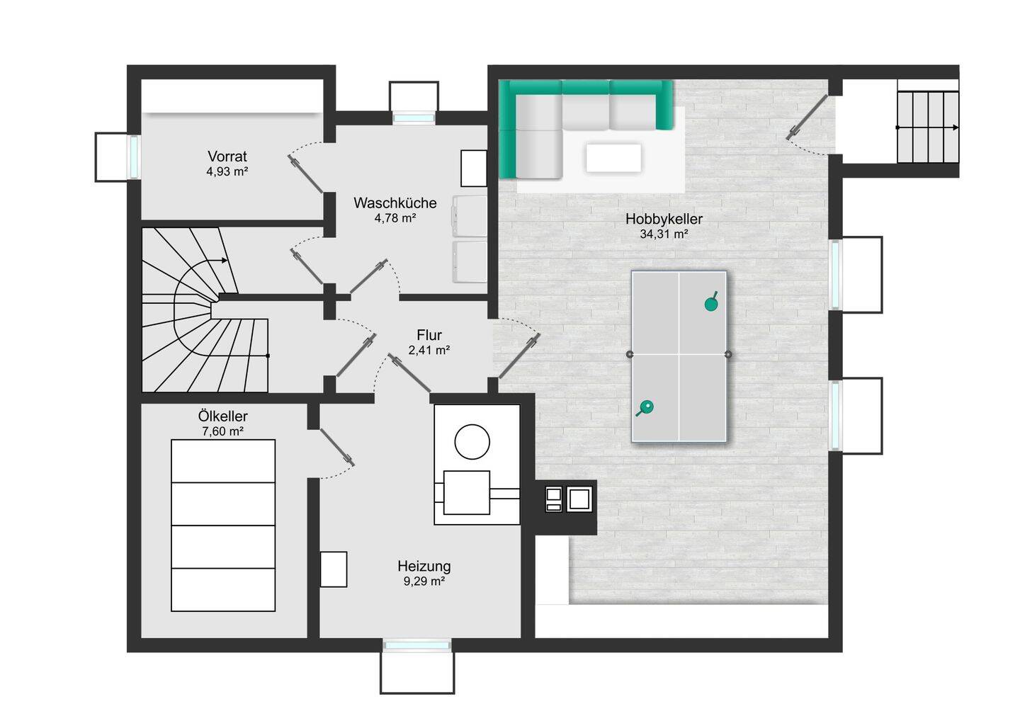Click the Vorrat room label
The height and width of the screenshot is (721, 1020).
227,156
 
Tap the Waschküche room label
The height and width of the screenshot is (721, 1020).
395,203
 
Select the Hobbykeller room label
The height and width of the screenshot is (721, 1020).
664,219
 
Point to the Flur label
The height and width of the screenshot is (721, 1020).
429,335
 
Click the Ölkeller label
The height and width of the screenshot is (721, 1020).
222,416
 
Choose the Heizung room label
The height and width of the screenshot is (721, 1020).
424,566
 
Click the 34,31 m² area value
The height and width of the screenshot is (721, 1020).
664,234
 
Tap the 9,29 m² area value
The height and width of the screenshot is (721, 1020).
424,581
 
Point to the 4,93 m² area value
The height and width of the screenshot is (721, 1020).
227,171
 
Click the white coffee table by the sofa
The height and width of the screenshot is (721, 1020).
613,158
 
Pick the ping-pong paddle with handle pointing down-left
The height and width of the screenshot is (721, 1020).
645,407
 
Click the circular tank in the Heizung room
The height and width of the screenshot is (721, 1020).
472,441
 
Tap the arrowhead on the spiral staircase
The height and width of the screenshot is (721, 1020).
225,261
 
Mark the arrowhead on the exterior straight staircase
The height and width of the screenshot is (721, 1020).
956,127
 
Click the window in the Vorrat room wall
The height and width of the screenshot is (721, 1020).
135,157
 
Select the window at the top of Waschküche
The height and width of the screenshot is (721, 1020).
414,118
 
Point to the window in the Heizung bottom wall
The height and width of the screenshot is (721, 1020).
416,645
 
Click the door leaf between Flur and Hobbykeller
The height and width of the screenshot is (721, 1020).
520,356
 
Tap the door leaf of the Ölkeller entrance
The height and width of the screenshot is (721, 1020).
337,447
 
